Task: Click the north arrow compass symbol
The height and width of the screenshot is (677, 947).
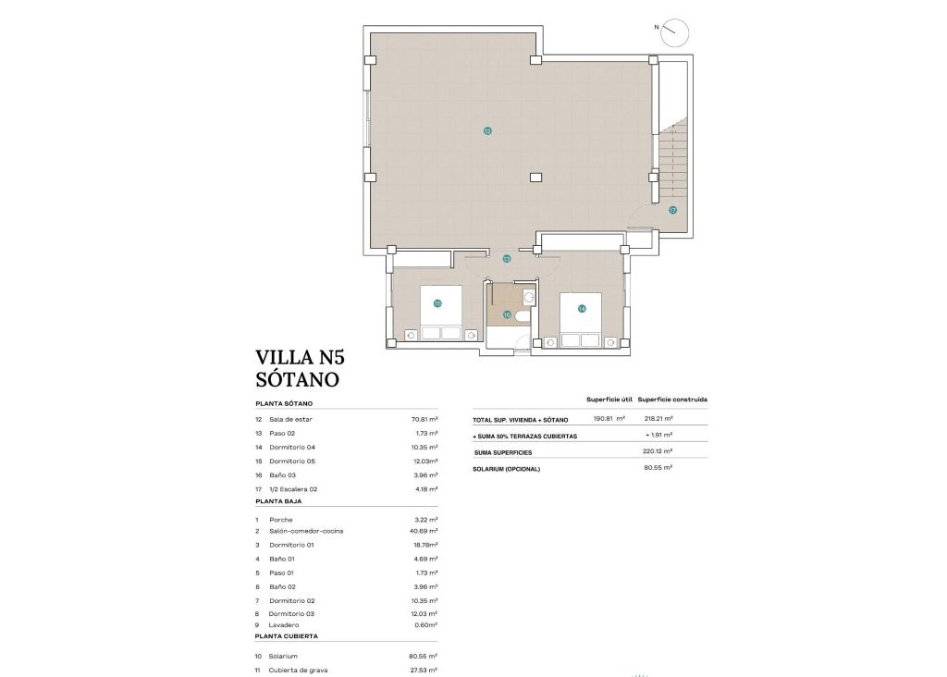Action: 675,31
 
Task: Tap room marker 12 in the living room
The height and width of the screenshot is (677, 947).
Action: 487,131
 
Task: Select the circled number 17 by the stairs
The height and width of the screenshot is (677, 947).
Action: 672,210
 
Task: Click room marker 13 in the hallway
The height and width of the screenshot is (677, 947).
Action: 506,259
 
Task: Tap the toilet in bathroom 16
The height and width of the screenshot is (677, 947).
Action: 523,316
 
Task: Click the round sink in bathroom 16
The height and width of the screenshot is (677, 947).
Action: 528,296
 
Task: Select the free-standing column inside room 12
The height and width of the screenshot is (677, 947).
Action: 535,177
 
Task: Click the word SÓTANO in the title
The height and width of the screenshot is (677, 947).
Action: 296,378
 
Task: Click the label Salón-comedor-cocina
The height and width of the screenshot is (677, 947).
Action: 307,531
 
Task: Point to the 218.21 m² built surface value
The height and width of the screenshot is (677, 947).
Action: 658,418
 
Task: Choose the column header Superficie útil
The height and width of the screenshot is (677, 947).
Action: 609,400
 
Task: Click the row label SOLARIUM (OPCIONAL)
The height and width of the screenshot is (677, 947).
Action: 507,469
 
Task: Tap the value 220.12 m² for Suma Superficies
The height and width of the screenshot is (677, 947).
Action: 658,452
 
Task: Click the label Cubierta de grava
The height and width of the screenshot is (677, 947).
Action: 299,670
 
